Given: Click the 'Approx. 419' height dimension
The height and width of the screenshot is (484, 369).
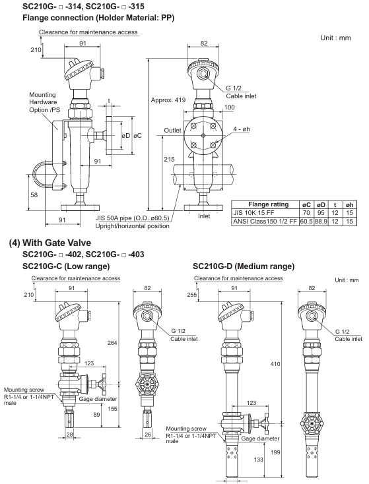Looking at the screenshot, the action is pos(168,100).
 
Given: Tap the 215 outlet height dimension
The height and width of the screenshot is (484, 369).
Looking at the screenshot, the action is pos(169,160).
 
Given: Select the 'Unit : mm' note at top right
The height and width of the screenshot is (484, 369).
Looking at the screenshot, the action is pos(335,38).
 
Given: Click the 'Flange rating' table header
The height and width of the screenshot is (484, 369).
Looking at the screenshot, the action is pos(268,204).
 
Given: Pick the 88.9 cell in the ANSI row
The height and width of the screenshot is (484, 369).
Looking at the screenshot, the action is pos(321,222).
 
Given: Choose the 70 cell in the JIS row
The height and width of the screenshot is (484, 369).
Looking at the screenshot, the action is pos(306,213).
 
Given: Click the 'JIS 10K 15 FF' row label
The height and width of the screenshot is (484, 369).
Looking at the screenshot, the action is pos(253,213).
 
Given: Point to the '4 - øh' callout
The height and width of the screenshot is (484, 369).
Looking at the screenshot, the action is pos(242,129).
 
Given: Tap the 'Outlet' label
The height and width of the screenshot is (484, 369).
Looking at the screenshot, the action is pos(172,131).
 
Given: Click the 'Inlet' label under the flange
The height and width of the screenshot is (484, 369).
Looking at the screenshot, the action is pos(204,216).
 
